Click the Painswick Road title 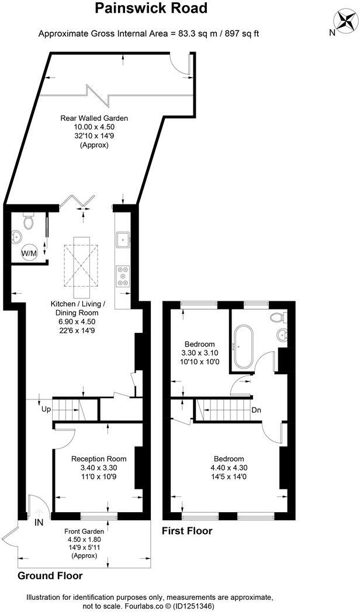(151, 9)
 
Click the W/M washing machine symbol (29, 253)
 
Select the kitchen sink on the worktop (124, 238)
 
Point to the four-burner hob (124, 276)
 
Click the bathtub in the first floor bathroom (241, 346)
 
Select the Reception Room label (99, 459)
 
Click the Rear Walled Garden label (94, 118)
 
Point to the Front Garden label (84, 531)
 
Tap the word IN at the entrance (39, 521)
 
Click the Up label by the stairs (46, 409)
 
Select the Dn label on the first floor (256, 409)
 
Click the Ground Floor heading (50, 575)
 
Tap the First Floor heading (186, 531)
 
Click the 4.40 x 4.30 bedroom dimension (229, 468)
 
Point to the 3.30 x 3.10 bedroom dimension (200, 353)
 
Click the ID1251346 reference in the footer (193, 606)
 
